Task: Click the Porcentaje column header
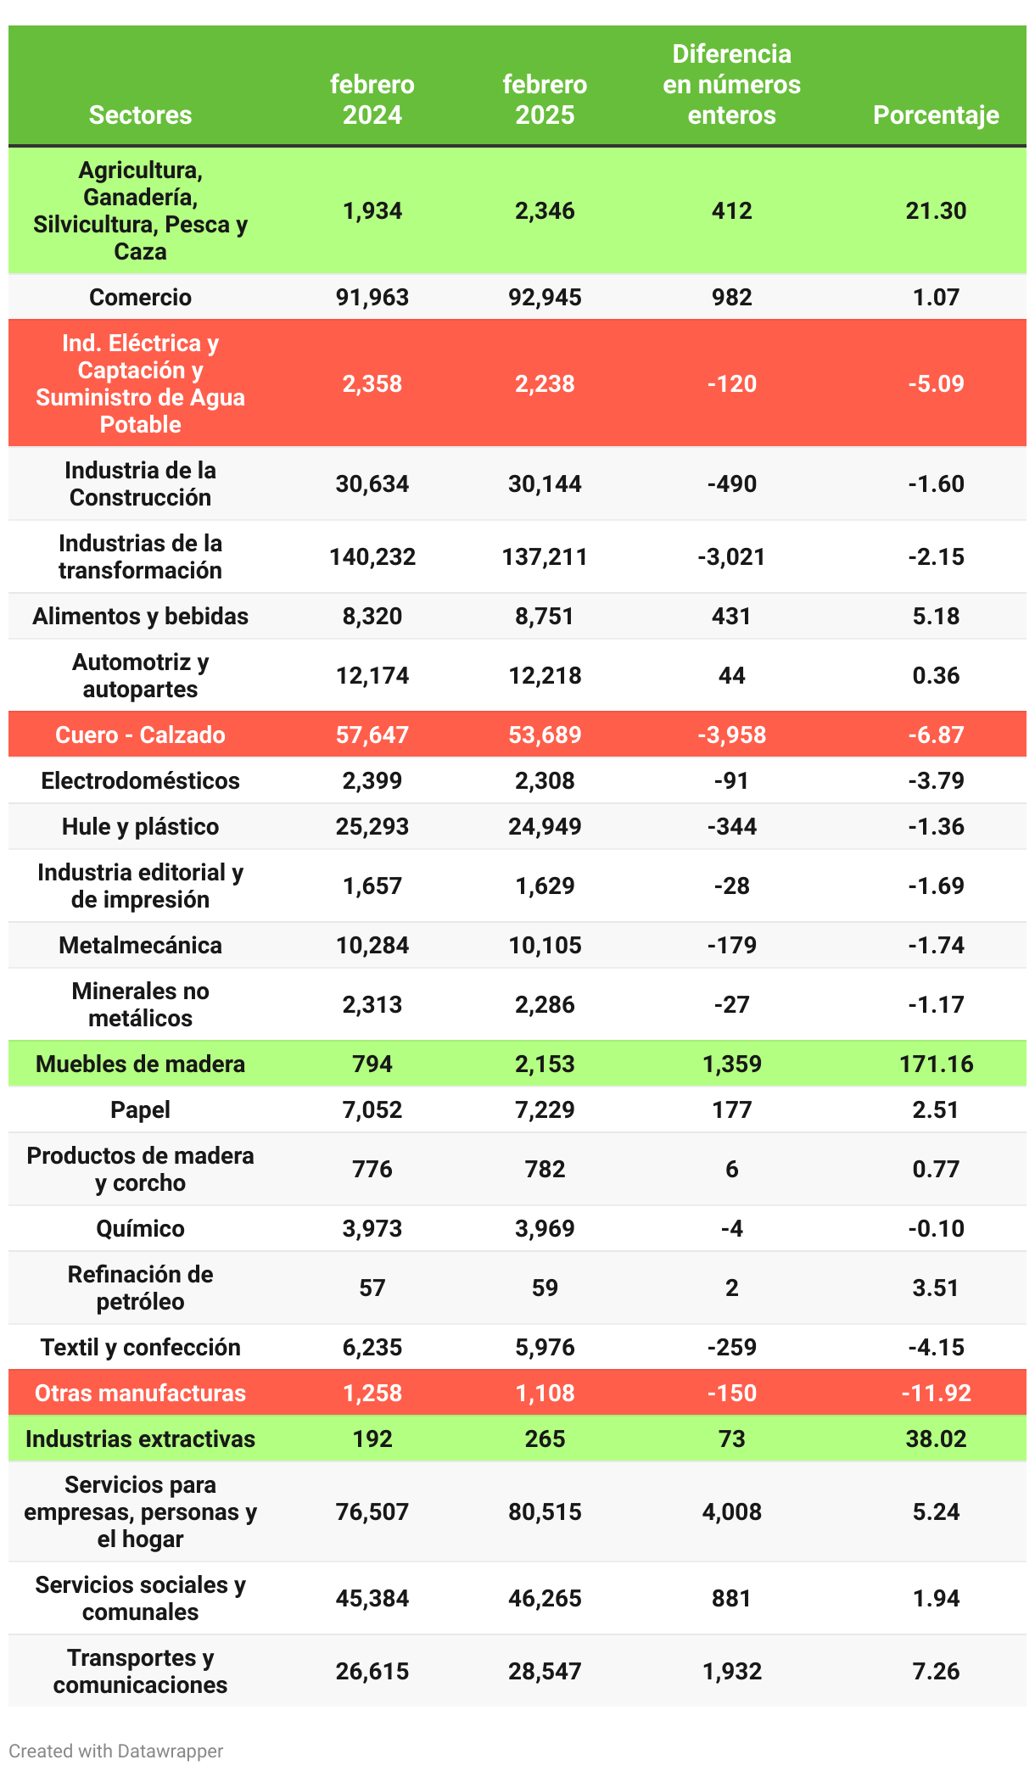(x=936, y=115)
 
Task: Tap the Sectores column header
(x=140, y=115)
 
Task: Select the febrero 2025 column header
(x=545, y=99)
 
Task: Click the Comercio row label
(x=140, y=297)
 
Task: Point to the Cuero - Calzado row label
(x=140, y=735)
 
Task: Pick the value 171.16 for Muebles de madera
(x=936, y=1064)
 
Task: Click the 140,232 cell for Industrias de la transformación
(x=372, y=556)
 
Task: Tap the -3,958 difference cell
(x=731, y=735)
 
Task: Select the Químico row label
(x=140, y=1228)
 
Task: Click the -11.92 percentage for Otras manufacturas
(x=936, y=1393)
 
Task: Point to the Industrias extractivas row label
(x=140, y=1439)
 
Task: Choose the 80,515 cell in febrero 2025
(x=545, y=1511)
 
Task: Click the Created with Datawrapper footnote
(x=116, y=1751)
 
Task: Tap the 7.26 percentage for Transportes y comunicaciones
(x=936, y=1671)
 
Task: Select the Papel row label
(x=140, y=1109)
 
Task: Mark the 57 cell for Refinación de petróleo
(x=372, y=1288)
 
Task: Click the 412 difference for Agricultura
(x=731, y=210)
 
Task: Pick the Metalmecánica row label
(x=140, y=945)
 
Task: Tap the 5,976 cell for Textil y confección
(x=545, y=1347)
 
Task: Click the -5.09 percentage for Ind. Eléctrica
(x=936, y=383)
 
